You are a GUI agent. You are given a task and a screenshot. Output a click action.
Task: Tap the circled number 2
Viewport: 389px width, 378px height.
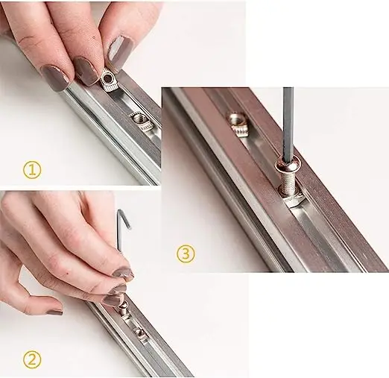click(31, 360)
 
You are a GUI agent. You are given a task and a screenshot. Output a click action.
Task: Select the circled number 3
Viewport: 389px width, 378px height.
click(186, 253)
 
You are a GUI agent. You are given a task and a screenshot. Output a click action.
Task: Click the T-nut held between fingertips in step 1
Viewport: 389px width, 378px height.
click(110, 79)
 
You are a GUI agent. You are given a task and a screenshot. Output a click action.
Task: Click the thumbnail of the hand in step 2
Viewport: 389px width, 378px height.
click(52, 312)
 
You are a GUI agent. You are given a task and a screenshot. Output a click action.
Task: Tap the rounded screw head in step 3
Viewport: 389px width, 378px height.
click(288, 160)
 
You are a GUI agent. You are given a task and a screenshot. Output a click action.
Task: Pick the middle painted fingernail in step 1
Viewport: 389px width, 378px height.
click(86, 72)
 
